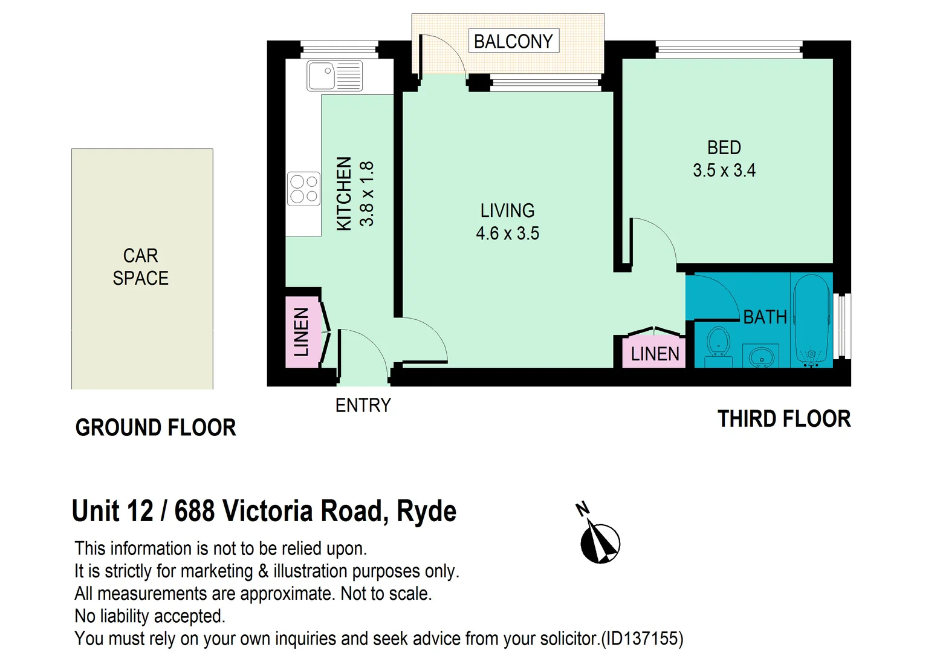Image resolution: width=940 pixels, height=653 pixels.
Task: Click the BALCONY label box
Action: [x=513, y=41]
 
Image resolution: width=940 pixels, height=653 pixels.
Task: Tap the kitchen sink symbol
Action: [x=334, y=76]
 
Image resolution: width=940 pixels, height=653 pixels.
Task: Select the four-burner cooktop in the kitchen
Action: [x=303, y=189]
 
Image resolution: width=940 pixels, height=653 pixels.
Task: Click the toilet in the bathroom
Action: [x=718, y=347]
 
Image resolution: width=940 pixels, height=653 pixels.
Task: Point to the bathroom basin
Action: [x=761, y=356]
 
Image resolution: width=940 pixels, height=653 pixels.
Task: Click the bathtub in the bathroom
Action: [x=811, y=320]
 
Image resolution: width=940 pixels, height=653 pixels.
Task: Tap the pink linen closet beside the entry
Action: [x=302, y=332]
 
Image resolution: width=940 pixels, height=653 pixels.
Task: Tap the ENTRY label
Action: [x=363, y=405]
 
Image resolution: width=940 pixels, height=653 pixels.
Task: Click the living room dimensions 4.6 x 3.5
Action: [x=507, y=233]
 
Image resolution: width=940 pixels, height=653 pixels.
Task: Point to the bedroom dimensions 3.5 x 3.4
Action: [x=724, y=171]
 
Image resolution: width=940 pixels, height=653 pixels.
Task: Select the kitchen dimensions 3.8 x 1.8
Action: [x=367, y=193]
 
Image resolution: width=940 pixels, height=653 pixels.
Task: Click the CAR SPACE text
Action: [x=140, y=267]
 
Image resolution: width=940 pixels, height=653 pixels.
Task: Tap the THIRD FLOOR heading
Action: [x=783, y=418]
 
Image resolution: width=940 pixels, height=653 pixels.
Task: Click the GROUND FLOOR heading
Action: [x=155, y=427]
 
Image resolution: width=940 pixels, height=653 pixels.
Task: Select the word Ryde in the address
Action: [x=426, y=512]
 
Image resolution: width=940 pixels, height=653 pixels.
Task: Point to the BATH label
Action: [x=765, y=317]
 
